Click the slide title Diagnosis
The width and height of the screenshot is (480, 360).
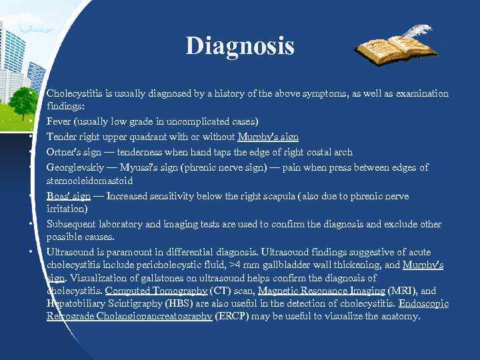tap(240, 46)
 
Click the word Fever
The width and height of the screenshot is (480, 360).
tap(59, 122)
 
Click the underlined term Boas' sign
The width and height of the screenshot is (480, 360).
tap(69, 196)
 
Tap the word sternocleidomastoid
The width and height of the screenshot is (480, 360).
tap(89, 181)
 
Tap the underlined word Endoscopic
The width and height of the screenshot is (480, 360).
tap(423, 303)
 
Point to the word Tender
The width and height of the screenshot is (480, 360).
tap(62, 137)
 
